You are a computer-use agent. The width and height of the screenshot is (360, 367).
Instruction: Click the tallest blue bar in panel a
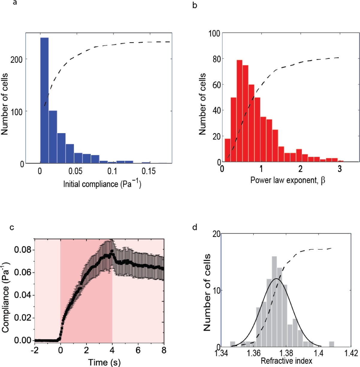[x=44, y=100]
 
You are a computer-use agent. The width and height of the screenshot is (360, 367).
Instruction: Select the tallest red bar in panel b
[x=239, y=111]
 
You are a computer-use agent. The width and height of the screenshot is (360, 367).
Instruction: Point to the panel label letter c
[x=12, y=227]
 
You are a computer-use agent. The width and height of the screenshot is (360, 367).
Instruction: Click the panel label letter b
[x=195, y=5]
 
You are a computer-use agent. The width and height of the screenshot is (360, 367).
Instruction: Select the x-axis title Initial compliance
[x=102, y=183]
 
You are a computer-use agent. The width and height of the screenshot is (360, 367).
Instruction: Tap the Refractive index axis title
[x=286, y=361]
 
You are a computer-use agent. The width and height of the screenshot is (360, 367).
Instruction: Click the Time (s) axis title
[x=104, y=362]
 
